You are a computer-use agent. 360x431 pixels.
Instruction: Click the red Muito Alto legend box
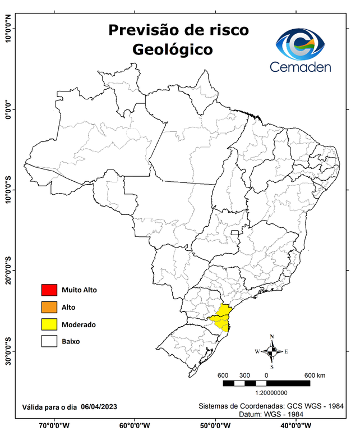click(x=49, y=290)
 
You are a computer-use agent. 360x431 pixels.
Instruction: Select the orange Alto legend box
click(x=49, y=307)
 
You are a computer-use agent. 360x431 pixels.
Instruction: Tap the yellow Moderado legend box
click(x=49, y=324)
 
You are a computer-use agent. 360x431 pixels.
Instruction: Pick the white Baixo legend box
click(x=49, y=341)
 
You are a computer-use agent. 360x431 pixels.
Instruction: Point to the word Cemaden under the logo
click(x=301, y=67)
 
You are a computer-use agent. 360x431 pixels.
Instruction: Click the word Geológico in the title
click(x=173, y=49)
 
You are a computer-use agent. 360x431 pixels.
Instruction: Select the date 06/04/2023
click(x=99, y=406)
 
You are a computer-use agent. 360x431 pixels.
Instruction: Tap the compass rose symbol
click(x=272, y=351)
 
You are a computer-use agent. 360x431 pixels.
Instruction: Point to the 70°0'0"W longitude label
click(x=54, y=425)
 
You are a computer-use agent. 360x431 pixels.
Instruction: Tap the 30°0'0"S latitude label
click(x=8, y=351)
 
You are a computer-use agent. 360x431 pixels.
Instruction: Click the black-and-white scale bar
click(x=266, y=383)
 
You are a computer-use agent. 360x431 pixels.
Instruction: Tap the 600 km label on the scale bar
click(x=315, y=375)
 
